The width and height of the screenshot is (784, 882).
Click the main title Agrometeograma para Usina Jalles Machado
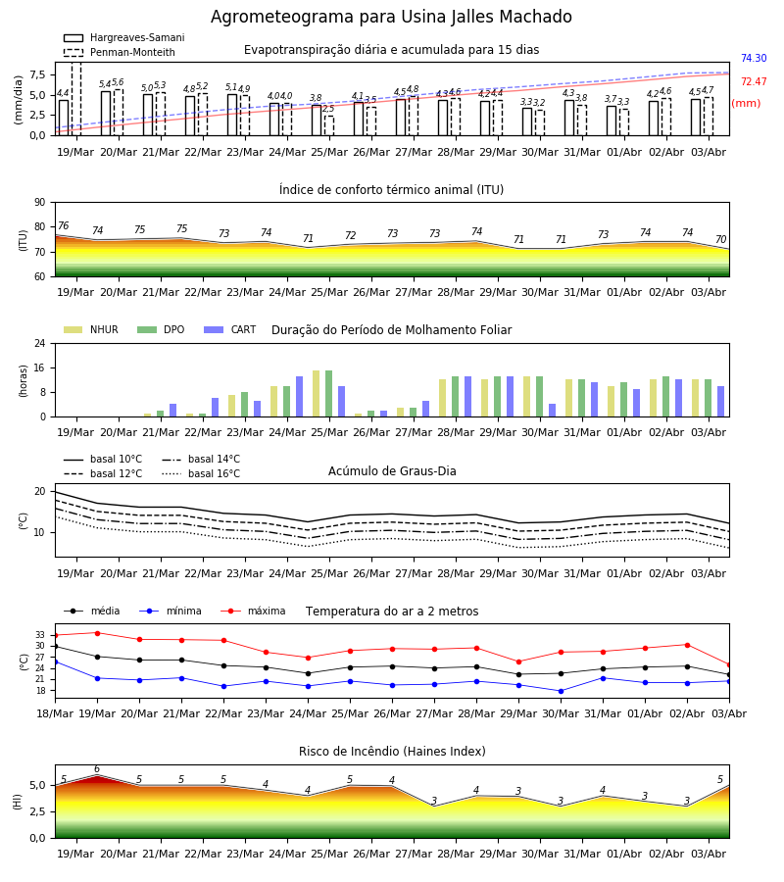[391, 17]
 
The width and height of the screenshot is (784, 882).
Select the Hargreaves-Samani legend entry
[124, 37]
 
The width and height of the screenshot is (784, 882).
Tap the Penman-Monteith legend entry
[120, 52]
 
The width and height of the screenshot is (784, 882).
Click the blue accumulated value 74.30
[754, 59]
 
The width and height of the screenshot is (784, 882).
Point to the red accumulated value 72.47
[754, 82]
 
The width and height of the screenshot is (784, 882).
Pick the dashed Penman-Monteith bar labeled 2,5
[329, 125]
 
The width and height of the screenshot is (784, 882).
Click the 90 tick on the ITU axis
[40, 203]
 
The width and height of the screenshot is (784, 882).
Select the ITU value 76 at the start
[63, 225]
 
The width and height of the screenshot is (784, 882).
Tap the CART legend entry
[230, 329]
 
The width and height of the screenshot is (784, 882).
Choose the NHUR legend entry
[91, 329]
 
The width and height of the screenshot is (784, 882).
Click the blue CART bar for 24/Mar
[299, 397]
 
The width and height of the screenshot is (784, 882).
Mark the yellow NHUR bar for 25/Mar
[317, 394]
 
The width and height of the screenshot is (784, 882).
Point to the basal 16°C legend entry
[201, 473]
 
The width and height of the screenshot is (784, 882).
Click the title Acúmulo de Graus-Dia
[392, 471]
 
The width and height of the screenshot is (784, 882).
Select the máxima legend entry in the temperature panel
[254, 611]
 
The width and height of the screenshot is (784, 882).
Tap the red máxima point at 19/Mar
[97, 633]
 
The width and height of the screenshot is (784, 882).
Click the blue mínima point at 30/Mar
[561, 691]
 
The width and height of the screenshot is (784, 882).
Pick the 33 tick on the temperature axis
[40, 635]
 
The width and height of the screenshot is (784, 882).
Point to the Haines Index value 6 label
[97, 769]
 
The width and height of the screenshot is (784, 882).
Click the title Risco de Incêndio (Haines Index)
[392, 752]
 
